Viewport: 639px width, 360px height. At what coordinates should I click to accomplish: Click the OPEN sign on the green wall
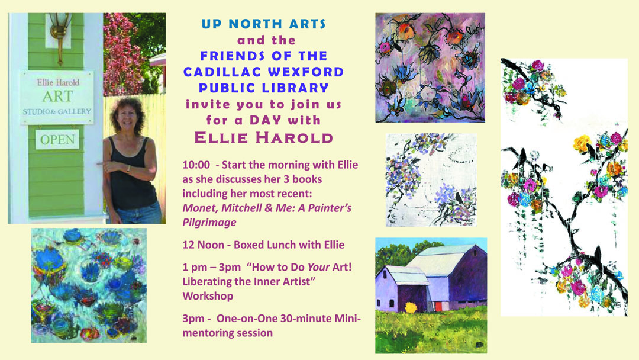[x=57, y=139]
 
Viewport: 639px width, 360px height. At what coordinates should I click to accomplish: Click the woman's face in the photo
[x=127, y=116]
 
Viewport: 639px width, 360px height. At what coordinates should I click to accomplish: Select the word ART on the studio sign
[x=57, y=97]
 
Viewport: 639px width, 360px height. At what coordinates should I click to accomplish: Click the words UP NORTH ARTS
[x=264, y=24]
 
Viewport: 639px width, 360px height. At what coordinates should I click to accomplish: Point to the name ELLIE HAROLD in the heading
[x=264, y=138]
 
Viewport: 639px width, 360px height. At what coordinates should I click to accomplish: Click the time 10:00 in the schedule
[x=196, y=165]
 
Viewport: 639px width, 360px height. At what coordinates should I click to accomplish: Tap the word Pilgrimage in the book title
[x=209, y=223]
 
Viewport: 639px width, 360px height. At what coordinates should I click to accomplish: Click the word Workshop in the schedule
[x=208, y=296]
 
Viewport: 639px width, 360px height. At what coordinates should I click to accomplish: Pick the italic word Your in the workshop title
[x=318, y=268]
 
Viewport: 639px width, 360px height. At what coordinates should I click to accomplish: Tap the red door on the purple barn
[x=438, y=306]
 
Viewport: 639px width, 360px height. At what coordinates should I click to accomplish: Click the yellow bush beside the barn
[x=411, y=307]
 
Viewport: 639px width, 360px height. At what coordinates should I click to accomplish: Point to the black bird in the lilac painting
[x=459, y=198]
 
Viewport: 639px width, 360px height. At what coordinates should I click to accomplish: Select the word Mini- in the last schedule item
[x=348, y=319]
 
